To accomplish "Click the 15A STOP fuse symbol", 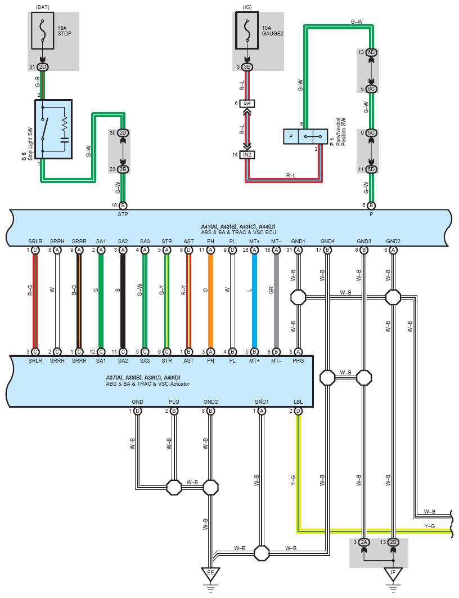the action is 42,30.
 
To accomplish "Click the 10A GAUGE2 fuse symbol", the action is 247,30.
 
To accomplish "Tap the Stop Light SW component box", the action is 53,130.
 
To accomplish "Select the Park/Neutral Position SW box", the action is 305,136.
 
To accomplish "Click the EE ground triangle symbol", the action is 210,574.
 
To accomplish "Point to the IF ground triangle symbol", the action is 393,574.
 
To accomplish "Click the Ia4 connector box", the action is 247,104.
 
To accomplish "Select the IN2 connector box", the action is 247,154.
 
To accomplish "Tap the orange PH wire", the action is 210,301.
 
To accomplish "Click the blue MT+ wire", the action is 254,301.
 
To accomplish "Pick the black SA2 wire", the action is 123,301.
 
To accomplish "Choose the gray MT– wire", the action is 277,301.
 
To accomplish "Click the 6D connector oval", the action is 371,52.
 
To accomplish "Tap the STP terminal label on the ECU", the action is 123,215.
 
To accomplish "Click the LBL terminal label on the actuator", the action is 298,401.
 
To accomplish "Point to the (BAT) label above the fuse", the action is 42,7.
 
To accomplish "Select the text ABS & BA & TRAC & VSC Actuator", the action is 148,384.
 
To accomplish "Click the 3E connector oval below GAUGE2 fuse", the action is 247,67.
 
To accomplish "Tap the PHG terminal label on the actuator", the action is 298,360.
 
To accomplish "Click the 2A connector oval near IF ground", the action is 364,542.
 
